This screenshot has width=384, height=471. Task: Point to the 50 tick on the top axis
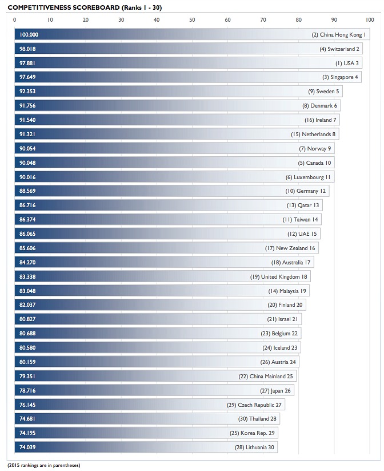192,20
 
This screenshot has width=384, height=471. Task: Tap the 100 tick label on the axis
369,20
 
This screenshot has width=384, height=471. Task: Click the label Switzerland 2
339,49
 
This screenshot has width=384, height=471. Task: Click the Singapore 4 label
340,77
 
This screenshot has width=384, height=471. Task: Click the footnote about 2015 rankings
44,465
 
